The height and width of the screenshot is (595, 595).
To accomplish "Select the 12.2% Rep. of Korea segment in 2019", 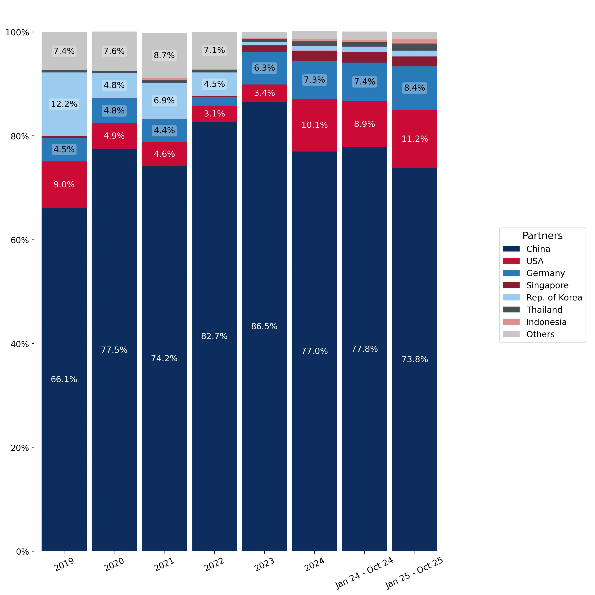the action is pos(64,104).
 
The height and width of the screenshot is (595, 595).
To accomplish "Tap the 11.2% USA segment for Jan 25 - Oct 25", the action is pos(415,139).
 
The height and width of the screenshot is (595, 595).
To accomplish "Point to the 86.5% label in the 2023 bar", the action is pos(264,326).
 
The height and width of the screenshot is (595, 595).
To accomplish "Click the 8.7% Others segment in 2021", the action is pos(164,56).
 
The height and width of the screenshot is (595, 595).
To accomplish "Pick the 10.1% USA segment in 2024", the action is pos(315,125).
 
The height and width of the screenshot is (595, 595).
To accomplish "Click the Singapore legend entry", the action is pos(536,285).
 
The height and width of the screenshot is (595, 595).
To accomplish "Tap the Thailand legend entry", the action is pos(533,310).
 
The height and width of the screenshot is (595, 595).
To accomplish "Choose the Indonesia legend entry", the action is pos(535,322).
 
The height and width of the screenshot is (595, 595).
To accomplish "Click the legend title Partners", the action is pos(542,236).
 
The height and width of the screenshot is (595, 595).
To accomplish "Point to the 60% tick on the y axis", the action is pos(33,240).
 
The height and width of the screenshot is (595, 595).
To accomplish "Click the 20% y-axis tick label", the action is pos(20,447).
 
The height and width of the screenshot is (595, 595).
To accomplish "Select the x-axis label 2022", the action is pos(214,564).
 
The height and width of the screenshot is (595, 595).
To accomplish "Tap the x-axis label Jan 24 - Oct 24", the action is pos(364,573).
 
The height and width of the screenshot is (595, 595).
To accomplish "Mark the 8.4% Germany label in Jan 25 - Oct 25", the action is pos(415,88).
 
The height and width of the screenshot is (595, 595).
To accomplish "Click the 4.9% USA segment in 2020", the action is pos(114,136).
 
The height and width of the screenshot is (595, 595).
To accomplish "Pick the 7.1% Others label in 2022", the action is pos(214,50).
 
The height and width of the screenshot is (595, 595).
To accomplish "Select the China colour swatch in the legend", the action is pos(511,249).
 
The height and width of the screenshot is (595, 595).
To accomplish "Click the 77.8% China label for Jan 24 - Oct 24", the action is pos(364,349).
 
